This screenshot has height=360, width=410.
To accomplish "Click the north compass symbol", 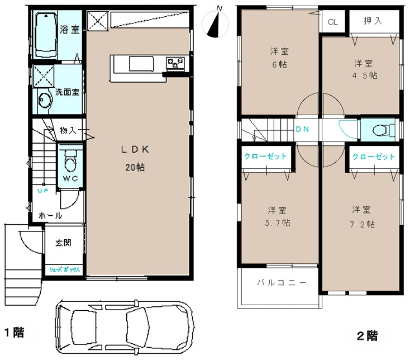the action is (x=215, y=23).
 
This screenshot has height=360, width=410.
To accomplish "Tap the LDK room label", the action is (x=135, y=149).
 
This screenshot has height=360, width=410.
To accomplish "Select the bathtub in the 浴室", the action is (x=46, y=35).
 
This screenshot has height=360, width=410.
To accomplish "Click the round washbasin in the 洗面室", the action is (x=44, y=100).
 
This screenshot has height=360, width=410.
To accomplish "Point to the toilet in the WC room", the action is (x=70, y=160).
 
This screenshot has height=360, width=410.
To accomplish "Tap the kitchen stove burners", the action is (x=175, y=63).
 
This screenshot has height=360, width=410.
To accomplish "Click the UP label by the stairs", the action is (x=43, y=191).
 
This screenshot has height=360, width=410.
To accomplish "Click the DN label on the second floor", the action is (x=302, y=129).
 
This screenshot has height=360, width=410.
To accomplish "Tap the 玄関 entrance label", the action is (x=63, y=243).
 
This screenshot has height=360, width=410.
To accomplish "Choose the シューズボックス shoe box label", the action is (x=65, y=269).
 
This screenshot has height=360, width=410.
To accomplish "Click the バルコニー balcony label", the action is (x=282, y=282).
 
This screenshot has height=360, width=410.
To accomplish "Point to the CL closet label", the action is (x=332, y=22).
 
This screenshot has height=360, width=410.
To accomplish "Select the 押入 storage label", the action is (x=373, y=21).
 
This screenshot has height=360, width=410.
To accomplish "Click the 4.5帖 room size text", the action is (x=365, y=75).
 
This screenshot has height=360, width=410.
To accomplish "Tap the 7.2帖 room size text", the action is (x=363, y=224).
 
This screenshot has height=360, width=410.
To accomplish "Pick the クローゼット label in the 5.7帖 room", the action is (x=265, y=157).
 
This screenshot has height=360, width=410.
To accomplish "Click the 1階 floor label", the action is (x=15, y=332).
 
